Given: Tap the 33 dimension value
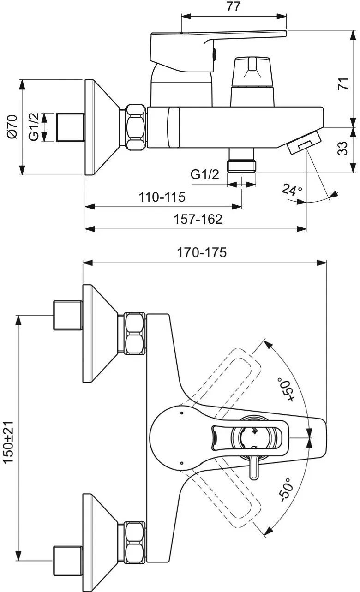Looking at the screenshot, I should click(342, 149).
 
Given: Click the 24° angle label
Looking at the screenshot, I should click(292, 190).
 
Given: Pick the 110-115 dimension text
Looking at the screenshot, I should click(162, 197).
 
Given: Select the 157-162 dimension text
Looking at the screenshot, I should click(198, 219).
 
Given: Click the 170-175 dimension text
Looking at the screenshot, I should click(202, 253).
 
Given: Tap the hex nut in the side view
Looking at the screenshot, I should click(135, 127).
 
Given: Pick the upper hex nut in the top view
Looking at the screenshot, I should click(135, 333).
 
